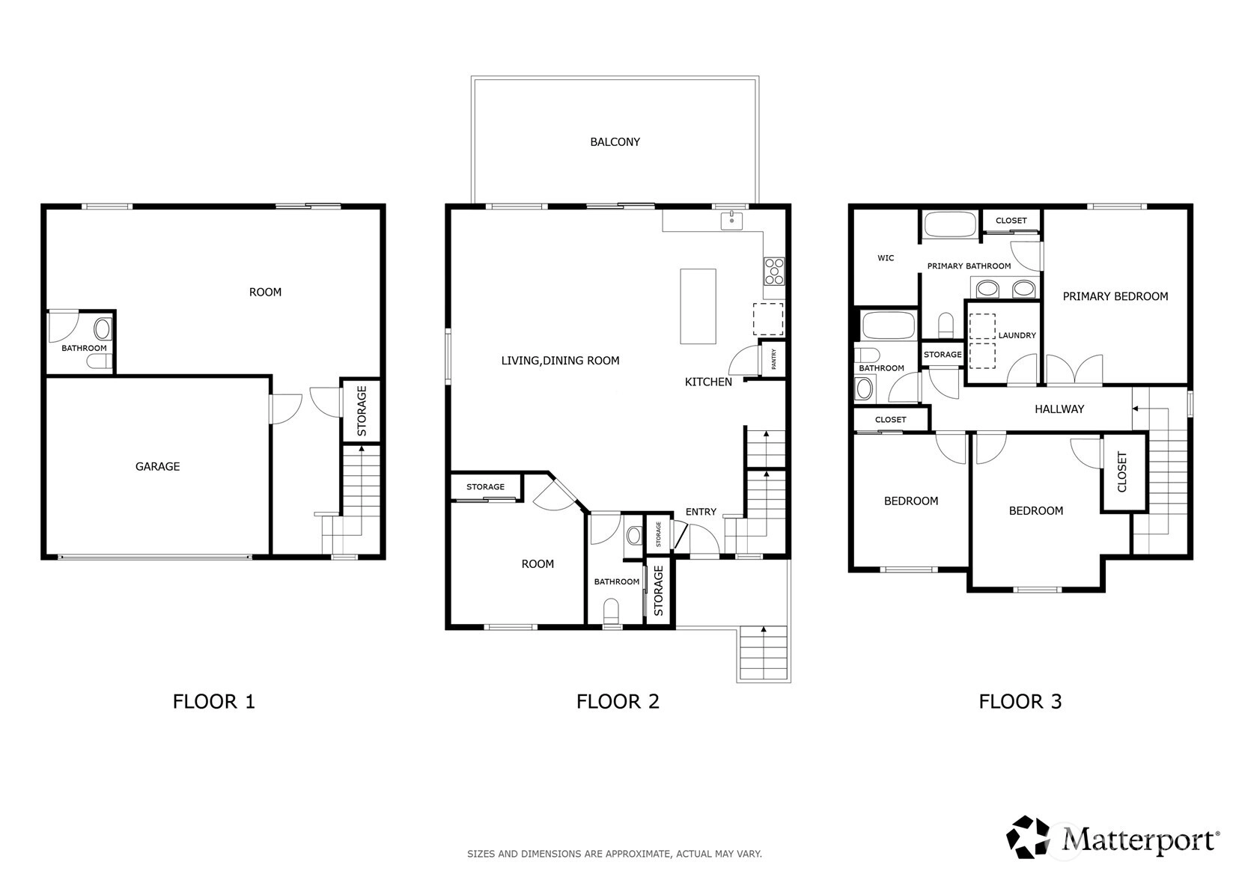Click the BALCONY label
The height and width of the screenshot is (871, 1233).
pos(615,142)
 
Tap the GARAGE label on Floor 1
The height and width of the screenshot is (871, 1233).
pos(157,467)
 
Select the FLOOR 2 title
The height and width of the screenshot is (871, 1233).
pos(618,702)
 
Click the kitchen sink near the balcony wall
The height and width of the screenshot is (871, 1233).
pos(731,221)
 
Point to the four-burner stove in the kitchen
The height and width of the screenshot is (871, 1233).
pos(774,272)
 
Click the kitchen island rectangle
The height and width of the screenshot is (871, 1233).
pos(698,307)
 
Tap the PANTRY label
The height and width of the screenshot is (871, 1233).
pos(774,358)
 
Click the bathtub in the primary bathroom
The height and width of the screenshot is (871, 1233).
pos(950,224)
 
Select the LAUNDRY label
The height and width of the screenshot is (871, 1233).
pos(1017,335)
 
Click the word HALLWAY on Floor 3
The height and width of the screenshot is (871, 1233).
pos(1059,409)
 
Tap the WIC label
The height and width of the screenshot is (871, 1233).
pos(886,258)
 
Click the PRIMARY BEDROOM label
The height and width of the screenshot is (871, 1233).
pos(1115,296)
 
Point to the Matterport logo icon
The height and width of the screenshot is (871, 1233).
pos(1028,837)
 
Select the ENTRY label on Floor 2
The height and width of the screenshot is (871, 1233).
pos(701,512)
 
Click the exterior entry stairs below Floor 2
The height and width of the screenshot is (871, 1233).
pos(764,654)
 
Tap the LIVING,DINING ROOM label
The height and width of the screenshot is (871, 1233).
pos(561,361)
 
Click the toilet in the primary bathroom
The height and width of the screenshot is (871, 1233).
pos(946,326)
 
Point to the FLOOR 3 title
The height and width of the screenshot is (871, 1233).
pos(1020,702)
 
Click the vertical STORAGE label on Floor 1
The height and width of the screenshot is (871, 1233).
pos(362,411)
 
